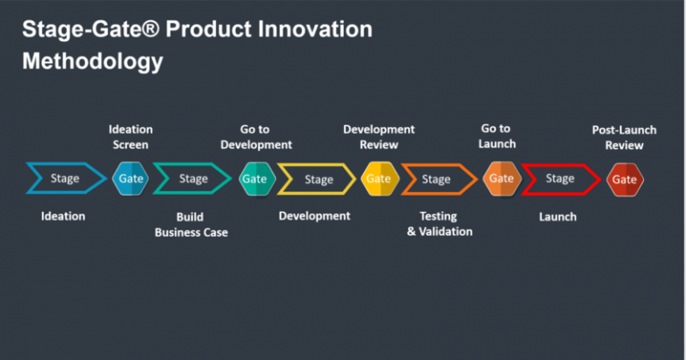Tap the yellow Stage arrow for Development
(x=318, y=180)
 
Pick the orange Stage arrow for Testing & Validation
(x=436, y=180)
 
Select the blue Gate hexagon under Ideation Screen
(x=130, y=179)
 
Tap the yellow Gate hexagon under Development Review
(x=379, y=179)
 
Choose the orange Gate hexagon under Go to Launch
(x=501, y=179)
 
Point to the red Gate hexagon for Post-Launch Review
(x=623, y=180)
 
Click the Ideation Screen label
(x=130, y=137)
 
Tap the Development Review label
(x=379, y=137)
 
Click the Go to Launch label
(x=498, y=137)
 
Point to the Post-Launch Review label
(x=623, y=138)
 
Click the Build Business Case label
(x=191, y=224)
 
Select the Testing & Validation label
(x=439, y=224)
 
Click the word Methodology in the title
(x=92, y=62)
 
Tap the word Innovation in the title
(x=309, y=29)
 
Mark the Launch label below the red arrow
(x=557, y=216)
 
